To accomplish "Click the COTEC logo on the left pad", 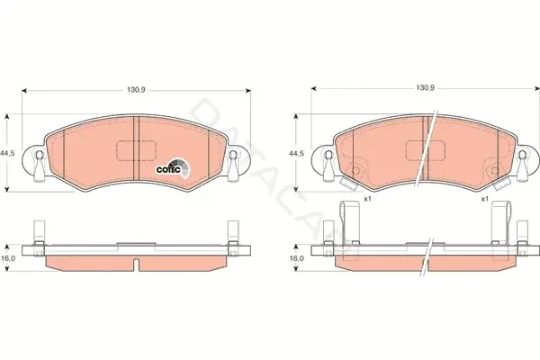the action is (x=173, y=169).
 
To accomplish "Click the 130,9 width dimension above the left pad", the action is (x=137, y=90).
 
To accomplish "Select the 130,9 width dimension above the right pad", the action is (x=426, y=88).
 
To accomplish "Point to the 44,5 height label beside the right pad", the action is (x=296, y=154).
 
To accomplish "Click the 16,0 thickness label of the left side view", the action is (x=8, y=258).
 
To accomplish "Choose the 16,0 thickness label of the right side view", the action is (x=297, y=258).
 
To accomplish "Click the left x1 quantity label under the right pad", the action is (x=368, y=199).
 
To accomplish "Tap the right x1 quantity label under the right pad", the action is (x=485, y=199).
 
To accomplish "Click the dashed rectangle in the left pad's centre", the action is (x=137, y=150).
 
